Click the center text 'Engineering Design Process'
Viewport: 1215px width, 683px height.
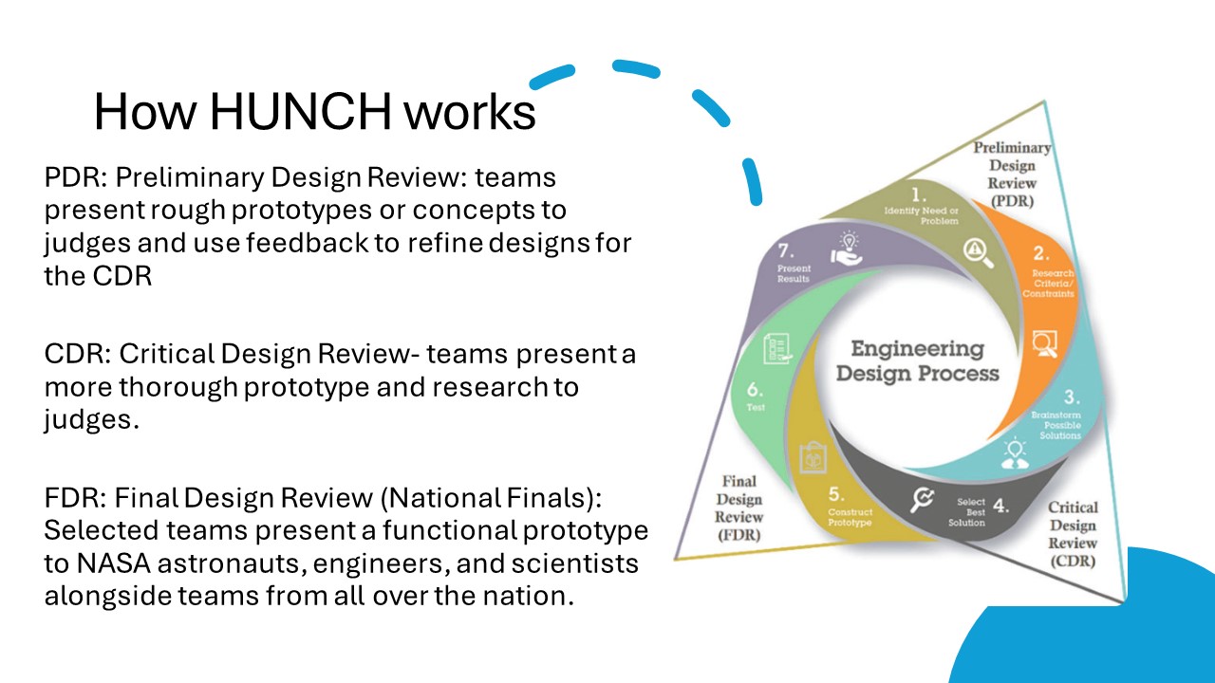(917, 360)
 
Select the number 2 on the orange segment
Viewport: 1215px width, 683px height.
(1040, 253)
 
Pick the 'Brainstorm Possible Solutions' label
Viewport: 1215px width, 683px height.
(1056, 425)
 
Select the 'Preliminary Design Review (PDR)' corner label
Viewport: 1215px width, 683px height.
(1011, 174)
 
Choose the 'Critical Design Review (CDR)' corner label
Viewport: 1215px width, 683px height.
(1073, 534)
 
